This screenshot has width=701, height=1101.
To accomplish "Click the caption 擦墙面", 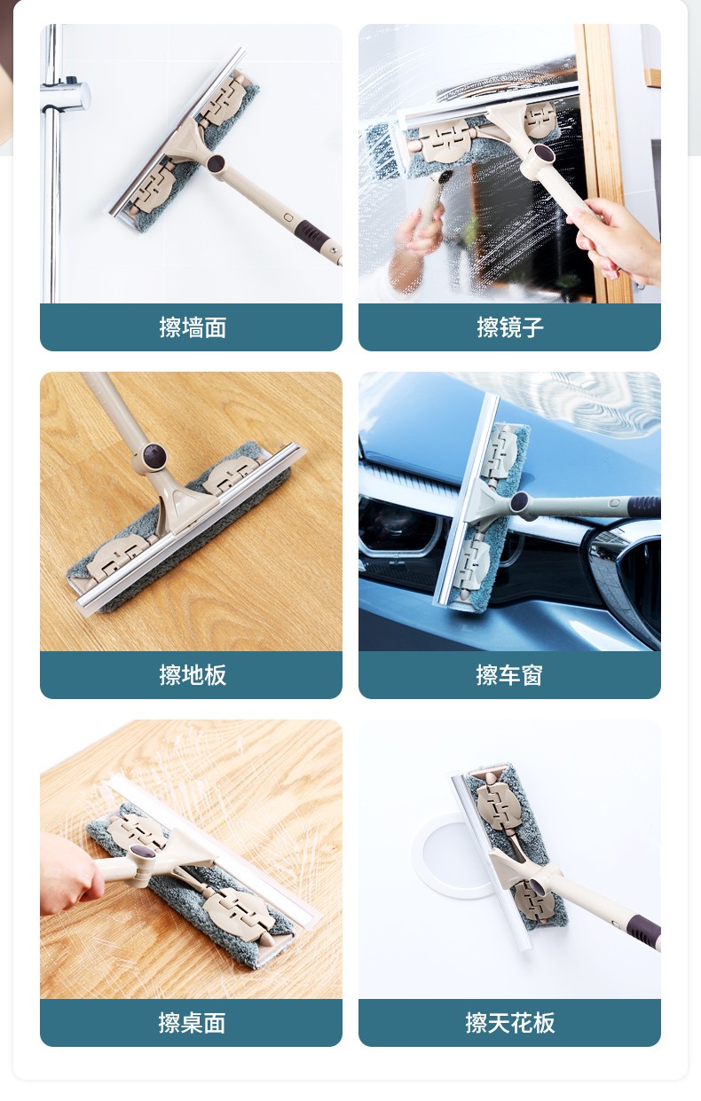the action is point(193,326).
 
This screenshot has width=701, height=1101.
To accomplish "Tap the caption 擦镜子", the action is point(509,326).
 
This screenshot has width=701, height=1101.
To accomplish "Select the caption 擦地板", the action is point(193,675).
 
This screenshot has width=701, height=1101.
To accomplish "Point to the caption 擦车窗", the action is point(509,675).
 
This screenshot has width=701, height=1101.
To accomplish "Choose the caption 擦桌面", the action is point(192,1022).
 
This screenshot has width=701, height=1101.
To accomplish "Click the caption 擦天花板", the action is point(509,1022).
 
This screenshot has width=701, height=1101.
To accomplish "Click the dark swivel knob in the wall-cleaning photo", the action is point(216,163).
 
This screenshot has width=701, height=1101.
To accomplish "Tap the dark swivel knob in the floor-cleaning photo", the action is point(154,454).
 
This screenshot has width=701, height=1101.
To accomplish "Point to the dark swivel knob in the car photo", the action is point(519,502).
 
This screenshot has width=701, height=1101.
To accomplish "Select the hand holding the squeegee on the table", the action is point(69,873).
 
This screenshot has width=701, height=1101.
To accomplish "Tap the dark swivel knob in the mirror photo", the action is point(544,155).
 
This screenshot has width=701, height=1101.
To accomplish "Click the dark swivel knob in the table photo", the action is point(142,850).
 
